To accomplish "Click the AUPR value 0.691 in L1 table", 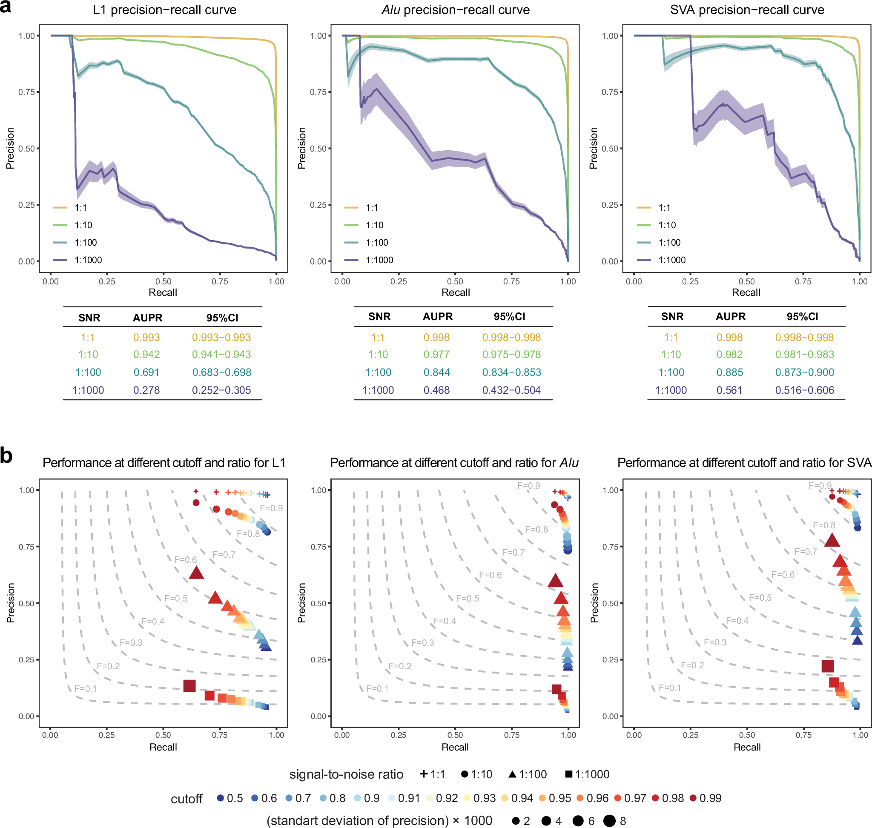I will point(146,372).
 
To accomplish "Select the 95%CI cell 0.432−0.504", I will point(511,390).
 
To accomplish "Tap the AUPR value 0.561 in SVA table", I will point(729,390).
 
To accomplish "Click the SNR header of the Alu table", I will point(379,316).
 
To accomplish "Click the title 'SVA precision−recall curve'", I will point(747,10).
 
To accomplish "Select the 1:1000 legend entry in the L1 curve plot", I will point(88,260).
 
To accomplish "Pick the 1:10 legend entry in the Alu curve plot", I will point(374,225).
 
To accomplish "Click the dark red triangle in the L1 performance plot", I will point(196,573).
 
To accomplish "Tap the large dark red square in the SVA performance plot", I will point(827,666).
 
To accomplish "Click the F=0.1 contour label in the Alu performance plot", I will point(377,688).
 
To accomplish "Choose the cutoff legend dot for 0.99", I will point(693,798).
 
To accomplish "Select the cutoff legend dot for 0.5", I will point(220,798).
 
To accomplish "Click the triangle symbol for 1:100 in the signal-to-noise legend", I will point(512,774).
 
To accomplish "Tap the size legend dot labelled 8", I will point(609,821).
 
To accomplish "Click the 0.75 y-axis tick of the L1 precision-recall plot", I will point(26,92).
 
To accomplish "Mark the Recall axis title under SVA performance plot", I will point(747,747).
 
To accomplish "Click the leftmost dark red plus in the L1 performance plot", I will point(195,491).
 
